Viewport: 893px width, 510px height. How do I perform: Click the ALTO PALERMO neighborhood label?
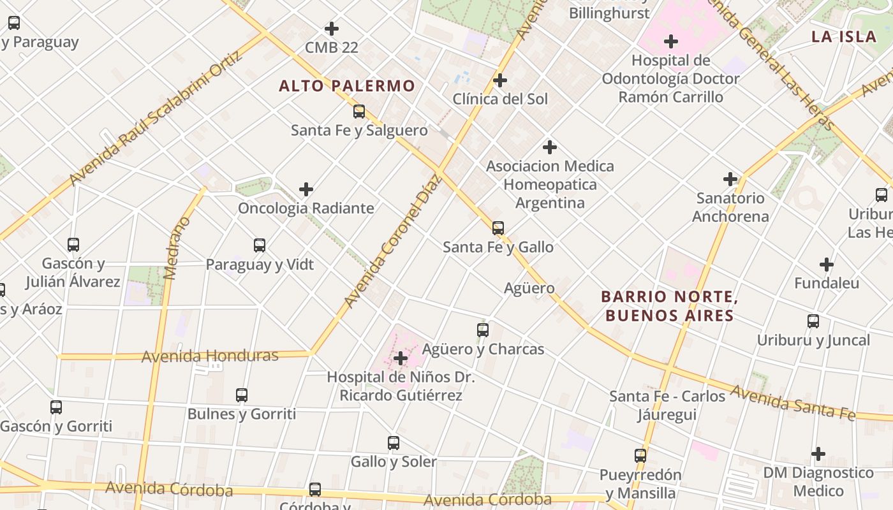click(x=347, y=85)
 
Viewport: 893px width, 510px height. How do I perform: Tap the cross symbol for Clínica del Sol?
click(x=500, y=80)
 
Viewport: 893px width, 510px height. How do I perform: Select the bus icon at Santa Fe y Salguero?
click(x=359, y=112)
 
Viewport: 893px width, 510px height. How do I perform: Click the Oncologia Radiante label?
click(x=306, y=208)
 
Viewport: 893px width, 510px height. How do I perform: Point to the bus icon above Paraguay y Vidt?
click(x=260, y=245)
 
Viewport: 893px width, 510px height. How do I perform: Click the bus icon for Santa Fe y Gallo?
click(x=498, y=228)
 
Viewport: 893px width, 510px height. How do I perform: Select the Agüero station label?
click(x=529, y=288)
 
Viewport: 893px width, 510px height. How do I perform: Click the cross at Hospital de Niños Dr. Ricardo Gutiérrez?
click(x=401, y=358)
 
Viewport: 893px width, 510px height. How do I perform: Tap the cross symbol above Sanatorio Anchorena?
click(x=730, y=179)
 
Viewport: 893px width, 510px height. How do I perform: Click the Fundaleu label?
click(x=827, y=283)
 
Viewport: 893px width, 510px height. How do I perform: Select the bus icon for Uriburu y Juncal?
click(x=813, y=321)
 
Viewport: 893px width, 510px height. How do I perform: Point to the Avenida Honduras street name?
click(x=210, y=356)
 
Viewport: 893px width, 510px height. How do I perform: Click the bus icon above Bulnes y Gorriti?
click(x=242, y=395)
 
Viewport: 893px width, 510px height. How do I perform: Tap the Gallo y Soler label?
click(x=394, y=462)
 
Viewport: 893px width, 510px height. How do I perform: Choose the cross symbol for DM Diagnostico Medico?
click(x=818, y=454)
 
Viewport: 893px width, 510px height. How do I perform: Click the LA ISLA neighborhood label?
click(x=844, y=36)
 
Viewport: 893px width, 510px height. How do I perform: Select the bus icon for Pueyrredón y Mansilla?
click(x=640, y=456)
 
